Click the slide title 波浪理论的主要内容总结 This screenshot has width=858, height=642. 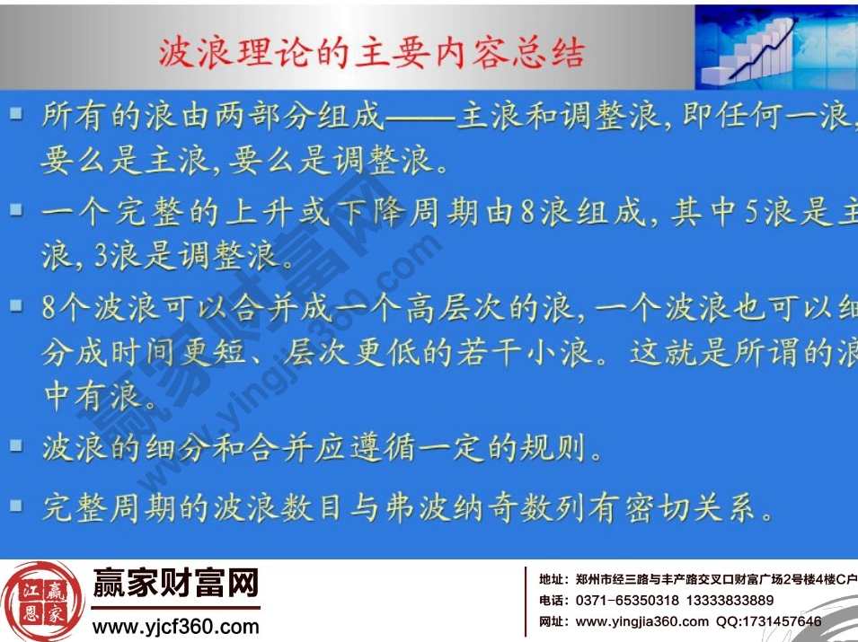pos(371,53)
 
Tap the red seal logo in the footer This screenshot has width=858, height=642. pos(44,601)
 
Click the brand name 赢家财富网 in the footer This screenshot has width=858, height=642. pos(176,585)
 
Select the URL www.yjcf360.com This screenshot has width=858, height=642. pos(176,626)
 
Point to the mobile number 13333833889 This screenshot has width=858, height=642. pos(730,600)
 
